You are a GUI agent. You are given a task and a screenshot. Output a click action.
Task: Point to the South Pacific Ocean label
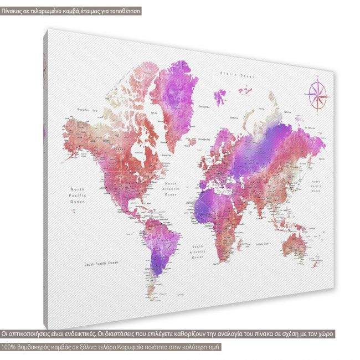[x=102, y=263]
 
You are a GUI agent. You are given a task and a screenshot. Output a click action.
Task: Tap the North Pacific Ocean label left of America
[x=76, y=197]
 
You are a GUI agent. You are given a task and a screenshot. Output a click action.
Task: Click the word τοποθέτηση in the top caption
[x=123, y=11]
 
